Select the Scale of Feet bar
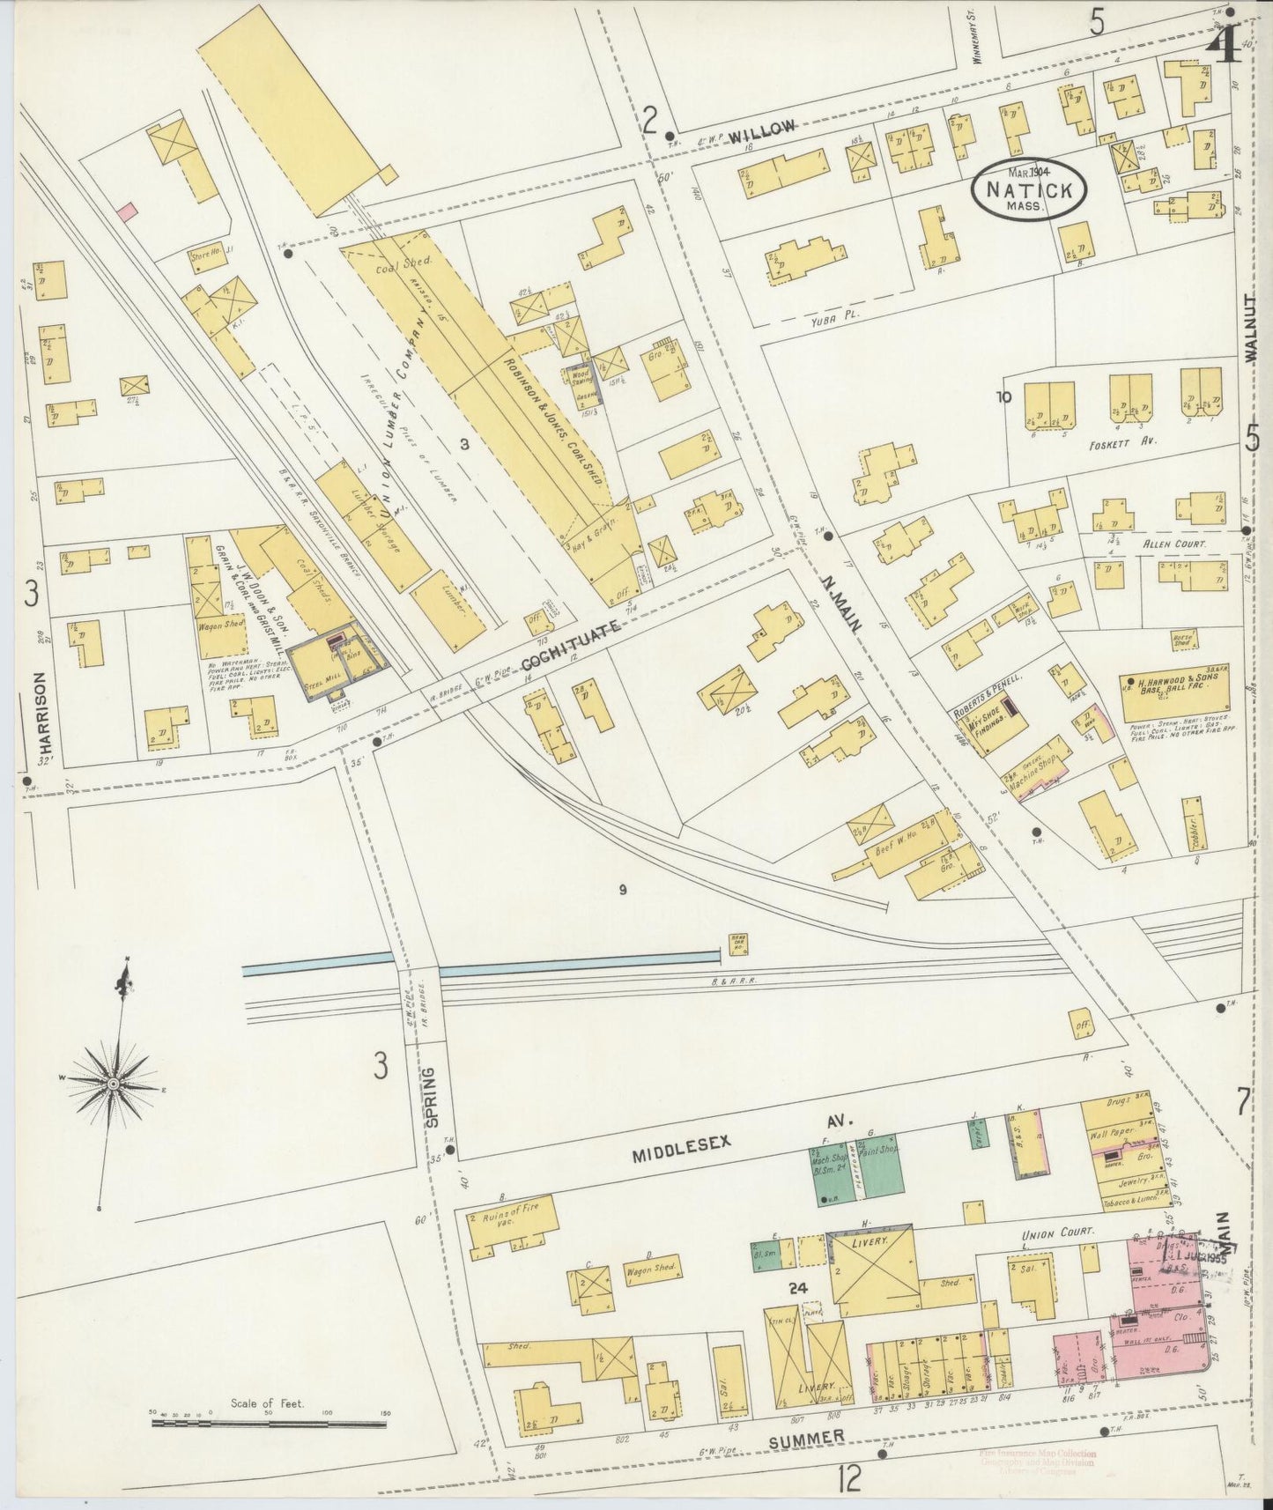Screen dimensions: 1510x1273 [269, 1420]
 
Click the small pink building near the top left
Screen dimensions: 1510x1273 [127, 211]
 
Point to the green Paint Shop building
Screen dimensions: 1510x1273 [881, 1166]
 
